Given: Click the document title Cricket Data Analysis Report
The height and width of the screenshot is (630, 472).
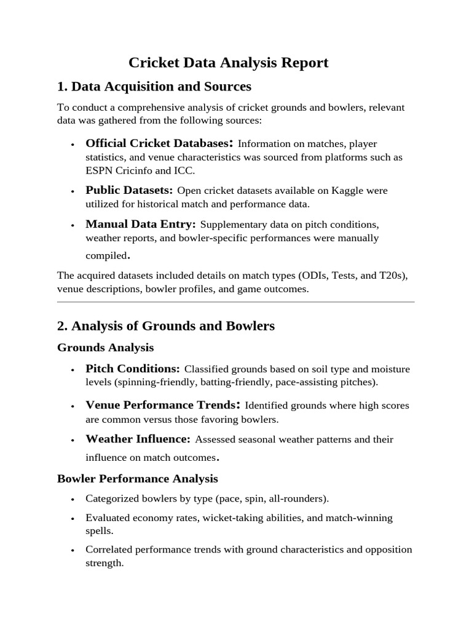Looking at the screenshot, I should [228, 63].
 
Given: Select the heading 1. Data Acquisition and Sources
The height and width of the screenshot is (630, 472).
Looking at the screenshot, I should [154, 86].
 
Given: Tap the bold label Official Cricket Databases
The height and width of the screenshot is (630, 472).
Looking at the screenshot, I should [157, 143].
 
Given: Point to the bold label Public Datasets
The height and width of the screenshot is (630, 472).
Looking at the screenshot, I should [129, 190].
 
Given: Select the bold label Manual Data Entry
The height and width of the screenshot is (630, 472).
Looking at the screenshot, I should [141, 224].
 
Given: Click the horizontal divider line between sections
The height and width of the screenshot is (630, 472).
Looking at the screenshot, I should [235, 302].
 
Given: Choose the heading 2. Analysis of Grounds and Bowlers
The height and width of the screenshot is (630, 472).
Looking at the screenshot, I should [165, 326].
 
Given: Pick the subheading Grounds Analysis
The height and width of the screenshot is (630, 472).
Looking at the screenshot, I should [105, 348].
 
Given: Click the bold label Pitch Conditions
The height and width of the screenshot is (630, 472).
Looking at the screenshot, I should [133, 369].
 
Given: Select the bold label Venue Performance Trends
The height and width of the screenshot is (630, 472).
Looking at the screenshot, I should [160, 405].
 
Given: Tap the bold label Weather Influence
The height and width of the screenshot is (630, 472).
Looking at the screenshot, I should [138, 439].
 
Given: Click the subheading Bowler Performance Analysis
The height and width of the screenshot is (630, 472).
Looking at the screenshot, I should [137, 478].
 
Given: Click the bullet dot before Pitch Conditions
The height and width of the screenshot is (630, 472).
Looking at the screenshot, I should [73, 370].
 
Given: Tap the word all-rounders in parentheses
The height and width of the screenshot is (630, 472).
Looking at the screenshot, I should [298, 498].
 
